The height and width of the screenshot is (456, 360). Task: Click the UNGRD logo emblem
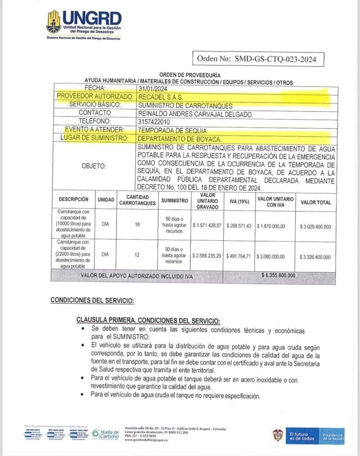53,22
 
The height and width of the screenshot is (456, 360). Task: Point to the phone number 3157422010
155,121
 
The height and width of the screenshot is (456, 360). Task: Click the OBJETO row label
94,166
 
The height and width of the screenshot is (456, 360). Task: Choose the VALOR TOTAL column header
316,202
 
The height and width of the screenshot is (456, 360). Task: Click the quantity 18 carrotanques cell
137,224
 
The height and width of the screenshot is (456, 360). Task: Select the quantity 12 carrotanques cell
137,254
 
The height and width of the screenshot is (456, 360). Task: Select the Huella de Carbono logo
106,434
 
